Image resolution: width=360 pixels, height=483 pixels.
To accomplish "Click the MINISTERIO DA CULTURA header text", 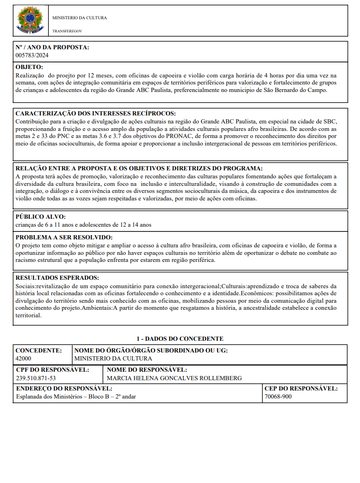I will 79,18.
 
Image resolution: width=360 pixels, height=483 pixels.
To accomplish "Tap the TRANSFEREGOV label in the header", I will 67,31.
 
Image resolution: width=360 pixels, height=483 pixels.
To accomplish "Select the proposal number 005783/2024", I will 32,55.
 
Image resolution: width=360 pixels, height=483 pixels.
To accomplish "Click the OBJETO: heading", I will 29,67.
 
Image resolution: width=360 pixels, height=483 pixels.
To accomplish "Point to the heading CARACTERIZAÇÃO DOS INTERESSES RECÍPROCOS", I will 96,114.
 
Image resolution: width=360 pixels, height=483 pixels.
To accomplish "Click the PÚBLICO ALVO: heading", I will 40,217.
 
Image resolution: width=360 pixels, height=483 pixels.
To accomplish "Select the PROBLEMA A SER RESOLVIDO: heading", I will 64,238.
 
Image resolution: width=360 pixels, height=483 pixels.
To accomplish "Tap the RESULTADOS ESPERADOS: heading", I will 57,277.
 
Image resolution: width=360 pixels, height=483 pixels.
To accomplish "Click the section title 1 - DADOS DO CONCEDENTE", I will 180,338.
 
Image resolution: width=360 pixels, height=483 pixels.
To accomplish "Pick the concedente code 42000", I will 23,358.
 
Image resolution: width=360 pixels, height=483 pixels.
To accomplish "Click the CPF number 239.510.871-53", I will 36,378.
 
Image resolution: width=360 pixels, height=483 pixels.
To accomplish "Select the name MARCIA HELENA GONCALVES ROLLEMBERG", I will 174,378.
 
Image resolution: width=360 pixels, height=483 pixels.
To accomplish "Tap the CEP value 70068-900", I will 278,397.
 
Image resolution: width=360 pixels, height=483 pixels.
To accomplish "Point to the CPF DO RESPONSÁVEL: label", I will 52,370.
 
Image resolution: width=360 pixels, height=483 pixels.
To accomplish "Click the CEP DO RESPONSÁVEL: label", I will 301,389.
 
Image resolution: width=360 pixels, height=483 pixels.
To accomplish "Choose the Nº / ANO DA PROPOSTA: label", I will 52,47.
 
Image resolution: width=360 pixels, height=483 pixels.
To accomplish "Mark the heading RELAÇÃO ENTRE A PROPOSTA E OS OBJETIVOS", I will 139,169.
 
